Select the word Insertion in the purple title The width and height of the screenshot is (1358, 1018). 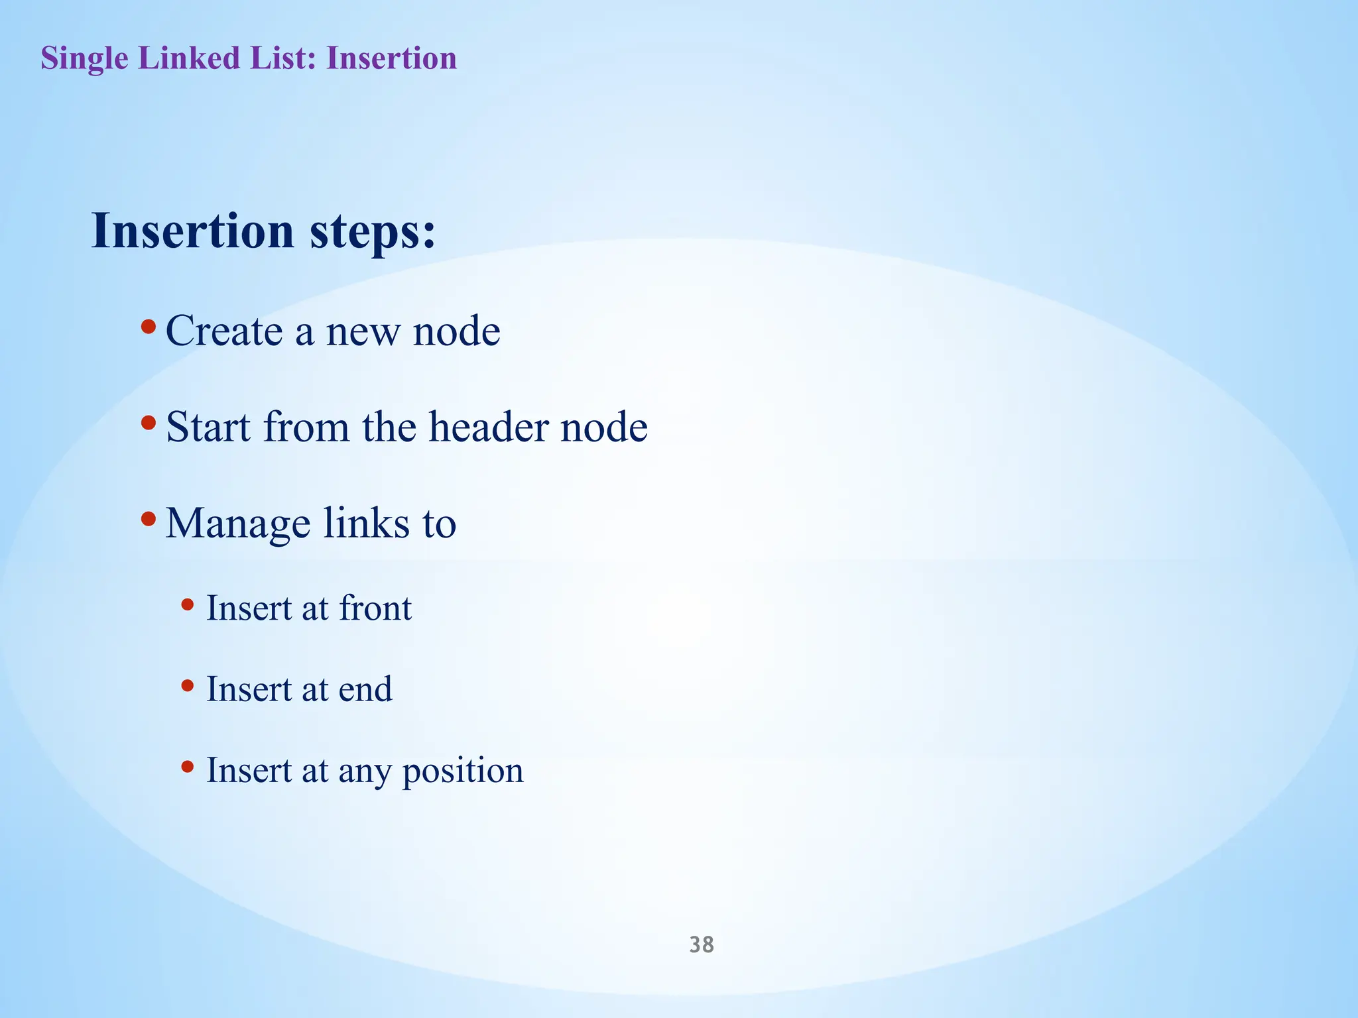(x=391, y=58)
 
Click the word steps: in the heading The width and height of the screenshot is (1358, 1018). (x=373, y=233)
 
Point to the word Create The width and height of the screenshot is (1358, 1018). (x=224, y=331)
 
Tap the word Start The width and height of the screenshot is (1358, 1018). (x=208, y=427)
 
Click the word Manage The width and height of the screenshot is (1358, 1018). (x=238, y=524)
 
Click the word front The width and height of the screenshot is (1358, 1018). (x=375, y=608)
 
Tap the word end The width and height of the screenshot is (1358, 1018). (x=365, y=690)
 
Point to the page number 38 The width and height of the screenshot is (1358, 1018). (x=702, y=944)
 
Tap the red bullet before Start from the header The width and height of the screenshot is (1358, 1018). (x=149, y=422)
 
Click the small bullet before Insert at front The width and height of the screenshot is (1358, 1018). (x=188, y=604)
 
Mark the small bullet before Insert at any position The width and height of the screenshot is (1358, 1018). (x=188, y=767)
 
